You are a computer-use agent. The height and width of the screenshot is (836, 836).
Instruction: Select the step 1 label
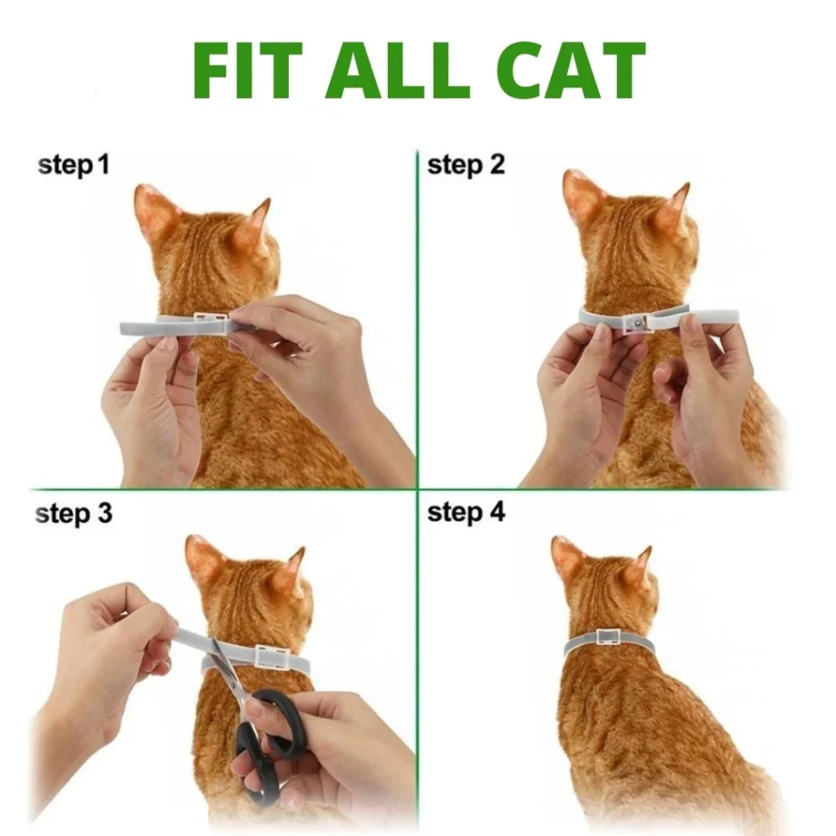tap(73, 166)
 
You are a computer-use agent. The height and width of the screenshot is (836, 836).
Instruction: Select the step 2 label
tap(465, 166)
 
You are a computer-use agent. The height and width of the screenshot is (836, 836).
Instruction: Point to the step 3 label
tap(73, 514)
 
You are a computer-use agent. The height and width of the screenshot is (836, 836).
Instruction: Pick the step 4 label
tap(465, 514)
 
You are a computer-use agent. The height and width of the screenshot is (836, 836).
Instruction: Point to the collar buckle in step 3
tap(273, 656)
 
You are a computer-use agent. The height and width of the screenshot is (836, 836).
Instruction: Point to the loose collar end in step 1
tap(140, 327)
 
